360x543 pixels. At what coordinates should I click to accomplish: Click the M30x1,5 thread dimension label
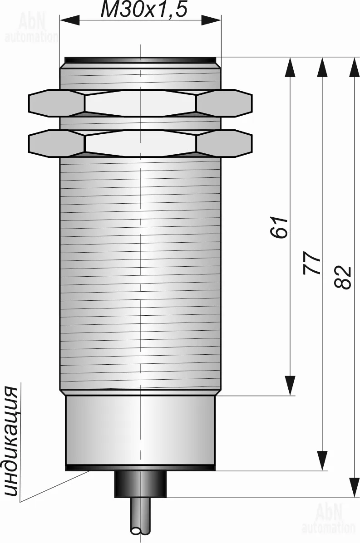pos(143,10)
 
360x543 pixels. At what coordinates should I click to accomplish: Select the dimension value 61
pos(279,227)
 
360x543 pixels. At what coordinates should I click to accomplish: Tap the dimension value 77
pos(312,263)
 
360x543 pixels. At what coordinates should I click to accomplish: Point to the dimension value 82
pos(343,277)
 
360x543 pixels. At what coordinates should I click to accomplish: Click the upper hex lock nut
pos(140,103)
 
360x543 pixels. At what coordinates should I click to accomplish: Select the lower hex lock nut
pos(140,143)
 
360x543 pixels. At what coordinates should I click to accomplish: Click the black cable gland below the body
pos(141,484)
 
